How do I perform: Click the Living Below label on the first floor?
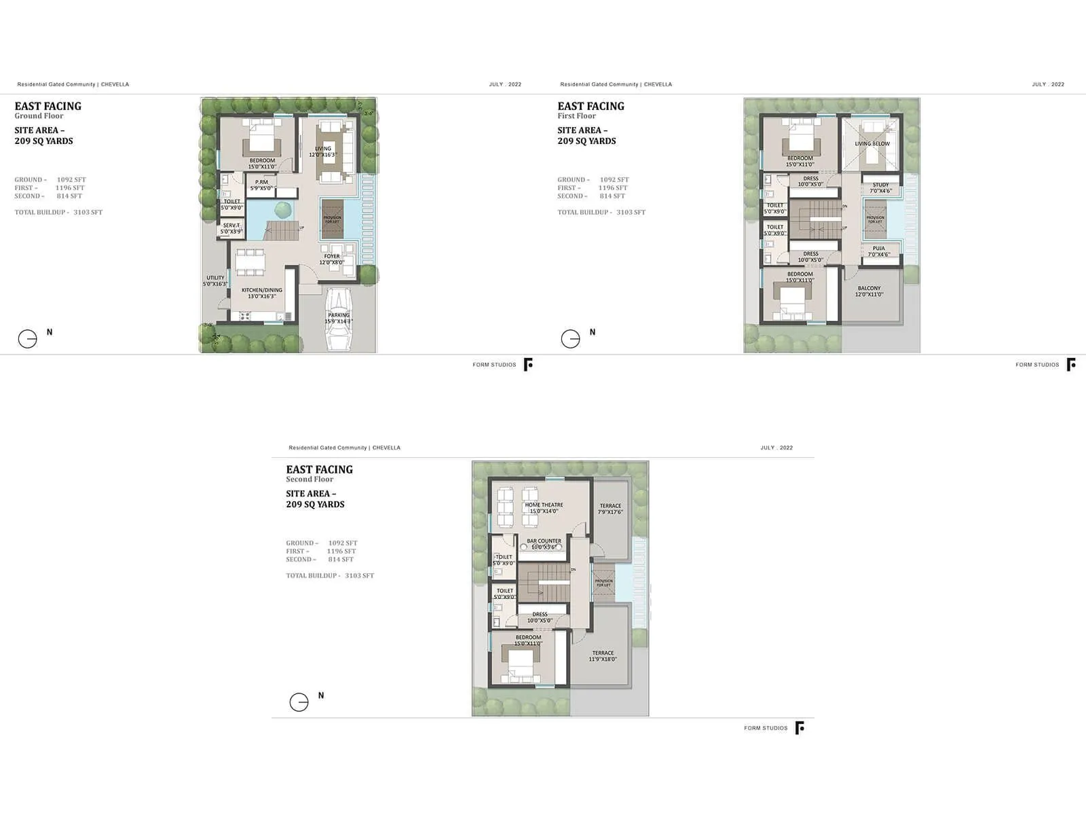coord(872,144)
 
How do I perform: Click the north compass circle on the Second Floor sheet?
coord(299,702)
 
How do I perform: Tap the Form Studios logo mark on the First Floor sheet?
coord(1071,365)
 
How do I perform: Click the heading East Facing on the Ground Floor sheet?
coord(48,106)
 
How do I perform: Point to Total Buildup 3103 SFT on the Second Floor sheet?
coord(330,575)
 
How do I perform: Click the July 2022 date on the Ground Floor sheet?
coord(505,84)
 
